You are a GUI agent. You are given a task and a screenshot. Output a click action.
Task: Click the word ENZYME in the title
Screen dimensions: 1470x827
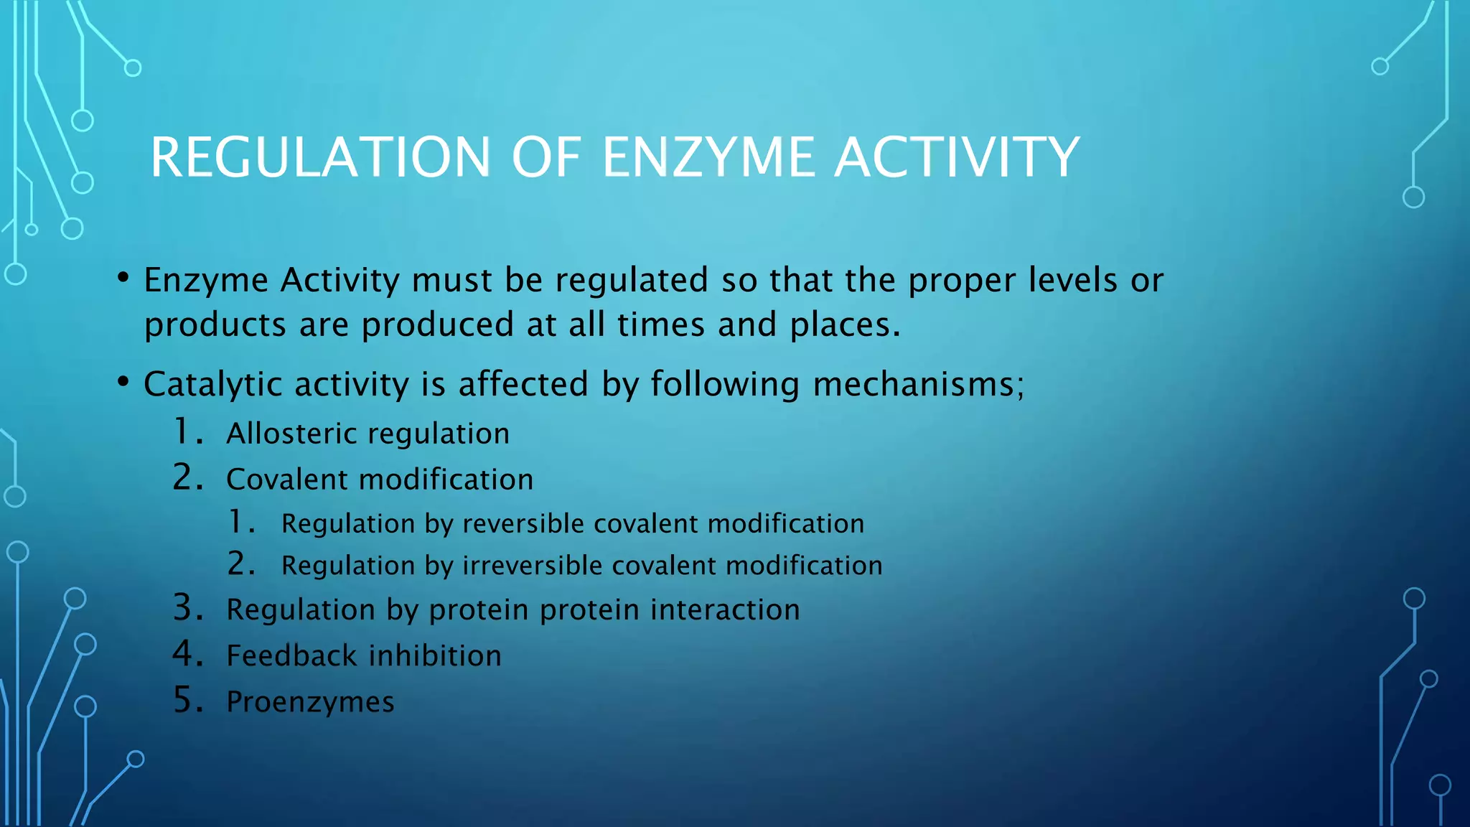tap(708, 157)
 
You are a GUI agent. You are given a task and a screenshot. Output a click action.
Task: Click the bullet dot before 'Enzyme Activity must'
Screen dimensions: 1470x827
tap(123, 278)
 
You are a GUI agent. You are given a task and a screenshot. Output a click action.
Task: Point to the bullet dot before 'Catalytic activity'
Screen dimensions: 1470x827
tap(123, 383)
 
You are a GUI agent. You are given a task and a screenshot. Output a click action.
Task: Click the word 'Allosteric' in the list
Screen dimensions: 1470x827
tap(291, 434)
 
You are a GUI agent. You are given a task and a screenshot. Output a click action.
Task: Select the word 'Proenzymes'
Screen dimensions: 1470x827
tap(310, 702)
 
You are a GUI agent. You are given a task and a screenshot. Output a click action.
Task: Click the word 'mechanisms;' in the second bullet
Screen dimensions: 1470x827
tap(919, 385)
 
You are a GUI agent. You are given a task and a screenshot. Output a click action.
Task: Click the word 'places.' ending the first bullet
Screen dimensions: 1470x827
tap(845, 325)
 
